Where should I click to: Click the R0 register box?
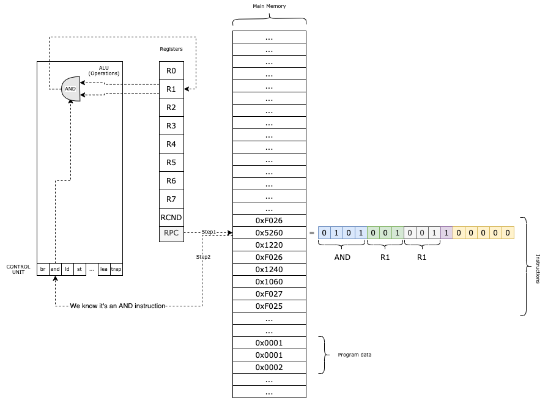171,71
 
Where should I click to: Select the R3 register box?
171,126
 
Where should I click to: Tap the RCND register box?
171,217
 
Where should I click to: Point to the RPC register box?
171,233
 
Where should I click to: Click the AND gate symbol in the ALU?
71,88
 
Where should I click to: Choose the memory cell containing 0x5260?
269,233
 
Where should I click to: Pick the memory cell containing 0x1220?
269,245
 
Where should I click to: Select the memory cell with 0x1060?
269,282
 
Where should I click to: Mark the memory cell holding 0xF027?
269,294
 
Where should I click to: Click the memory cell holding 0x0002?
269,368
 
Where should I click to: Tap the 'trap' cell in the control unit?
116,269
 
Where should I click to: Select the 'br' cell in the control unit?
43,269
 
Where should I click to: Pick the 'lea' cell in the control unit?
104,269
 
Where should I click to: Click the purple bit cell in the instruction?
446,233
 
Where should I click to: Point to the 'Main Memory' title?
269,6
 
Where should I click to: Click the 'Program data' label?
355,355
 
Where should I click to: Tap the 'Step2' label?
203,257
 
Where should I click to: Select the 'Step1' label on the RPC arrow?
209,232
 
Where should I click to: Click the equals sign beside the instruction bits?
311,233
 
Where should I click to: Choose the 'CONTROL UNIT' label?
18,270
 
